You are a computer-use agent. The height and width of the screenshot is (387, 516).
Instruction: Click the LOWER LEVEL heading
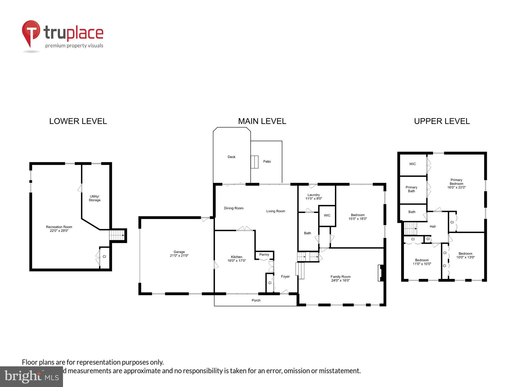click(x=78, y=121)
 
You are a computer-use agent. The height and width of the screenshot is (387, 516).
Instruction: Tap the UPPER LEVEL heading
click(x=442, y=121)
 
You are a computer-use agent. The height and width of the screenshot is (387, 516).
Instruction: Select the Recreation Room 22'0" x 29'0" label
click(x=59, y=229)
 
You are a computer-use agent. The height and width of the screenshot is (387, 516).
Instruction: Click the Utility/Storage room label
click(x=94, y=198)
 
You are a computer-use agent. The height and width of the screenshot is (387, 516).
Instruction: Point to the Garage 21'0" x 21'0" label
click(x=179, y=254)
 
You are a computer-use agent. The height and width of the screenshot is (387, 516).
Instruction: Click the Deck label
click(x=231, y=157)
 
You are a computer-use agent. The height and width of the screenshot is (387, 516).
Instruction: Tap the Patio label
click(x=267, y=162)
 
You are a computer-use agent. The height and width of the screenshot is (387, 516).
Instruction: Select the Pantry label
click(x=264, y=255)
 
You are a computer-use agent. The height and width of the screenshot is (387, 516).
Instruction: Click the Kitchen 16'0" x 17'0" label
click(x=237, y=259)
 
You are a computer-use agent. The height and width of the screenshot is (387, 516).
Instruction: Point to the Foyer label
click(x=285, y=277)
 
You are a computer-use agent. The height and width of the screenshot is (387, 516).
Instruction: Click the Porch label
click(x=256, y=300)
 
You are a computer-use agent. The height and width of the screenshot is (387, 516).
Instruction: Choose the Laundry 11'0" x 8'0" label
click(x=313, y=197)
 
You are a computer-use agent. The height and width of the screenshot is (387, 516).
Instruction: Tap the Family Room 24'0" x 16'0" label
click(x=340, y=278)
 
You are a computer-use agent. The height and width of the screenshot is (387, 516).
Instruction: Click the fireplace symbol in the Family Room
click(x=380, y=273)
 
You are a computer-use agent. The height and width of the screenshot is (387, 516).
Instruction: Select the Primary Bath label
click(x=411, y=189)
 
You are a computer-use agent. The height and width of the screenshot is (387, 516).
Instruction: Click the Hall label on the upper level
click(x=433, y=227)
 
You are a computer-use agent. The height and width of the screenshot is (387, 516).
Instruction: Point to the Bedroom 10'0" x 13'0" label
click(x=465, y=255)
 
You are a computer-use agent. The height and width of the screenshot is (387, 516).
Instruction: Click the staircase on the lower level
click(x=117, y=235)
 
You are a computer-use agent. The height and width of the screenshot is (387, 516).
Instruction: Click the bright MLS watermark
click(x=31, y=376)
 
